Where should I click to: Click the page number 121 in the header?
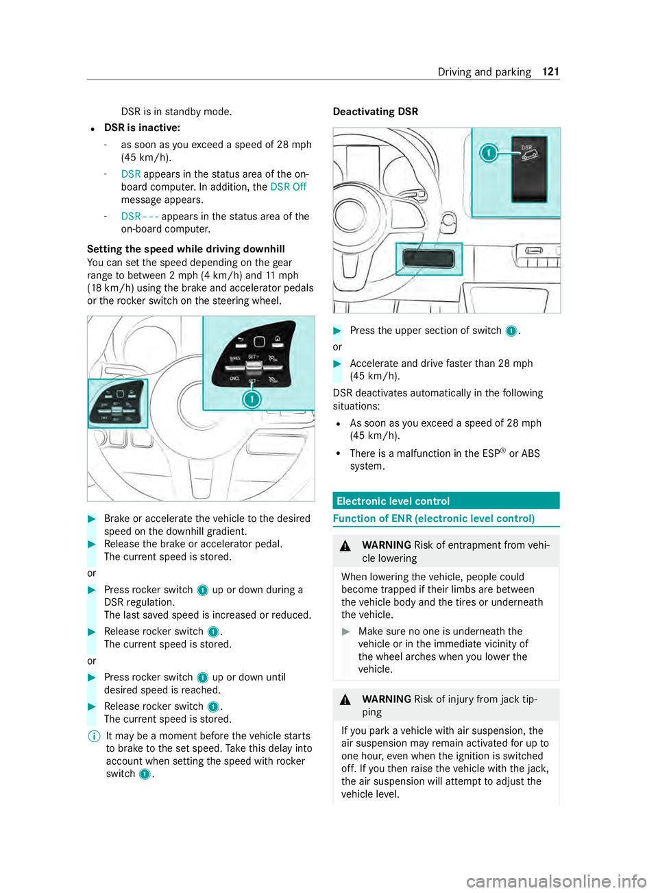[x=551, y=71]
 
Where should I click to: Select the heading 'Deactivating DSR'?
[x=375, y=111]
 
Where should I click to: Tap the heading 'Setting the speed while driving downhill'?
[x=186, y=249]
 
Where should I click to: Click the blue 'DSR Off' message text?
[x=289, y=187]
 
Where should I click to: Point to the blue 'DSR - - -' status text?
[x=140, y=216]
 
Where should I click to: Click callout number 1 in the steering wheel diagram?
[x=252, y=398]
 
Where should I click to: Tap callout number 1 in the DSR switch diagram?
[x=488, y=152]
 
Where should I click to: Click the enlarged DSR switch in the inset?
[x=529, y=167]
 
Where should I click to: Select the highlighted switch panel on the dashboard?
[x=429, y=259]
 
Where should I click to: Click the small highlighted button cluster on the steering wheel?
[x=118, y=403]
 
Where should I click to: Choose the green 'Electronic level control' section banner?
[x=446, y=501]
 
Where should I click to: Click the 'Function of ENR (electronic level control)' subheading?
[x=434, y=519]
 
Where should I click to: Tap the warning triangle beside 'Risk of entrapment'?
[x=346, y=546]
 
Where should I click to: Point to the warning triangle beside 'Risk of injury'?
[x=346, y=700]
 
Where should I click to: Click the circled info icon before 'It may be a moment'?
[x=95, y=736]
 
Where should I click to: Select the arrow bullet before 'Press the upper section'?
[x=337, y=331]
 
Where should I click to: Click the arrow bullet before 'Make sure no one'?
[x=346, y=632]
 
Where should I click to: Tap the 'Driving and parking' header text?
[x=484, y=71]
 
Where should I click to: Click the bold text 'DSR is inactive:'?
[x=142, y=128]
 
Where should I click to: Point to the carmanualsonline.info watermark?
[x=556, y=880]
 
